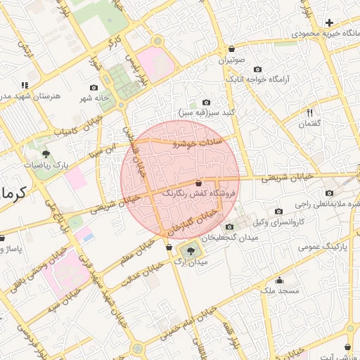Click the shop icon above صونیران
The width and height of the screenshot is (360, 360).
[231, 49]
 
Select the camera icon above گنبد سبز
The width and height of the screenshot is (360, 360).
[205, 102]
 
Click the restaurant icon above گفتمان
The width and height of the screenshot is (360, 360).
[309, 112]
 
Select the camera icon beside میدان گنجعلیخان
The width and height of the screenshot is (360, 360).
[229, 226]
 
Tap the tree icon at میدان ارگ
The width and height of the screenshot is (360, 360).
[190, 250]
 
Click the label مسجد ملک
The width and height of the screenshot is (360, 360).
[279, 290]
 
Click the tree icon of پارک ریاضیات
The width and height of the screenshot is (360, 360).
[46, 153]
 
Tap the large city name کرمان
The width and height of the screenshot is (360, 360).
[13, 192]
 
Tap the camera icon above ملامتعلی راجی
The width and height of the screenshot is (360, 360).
[328, 193]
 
